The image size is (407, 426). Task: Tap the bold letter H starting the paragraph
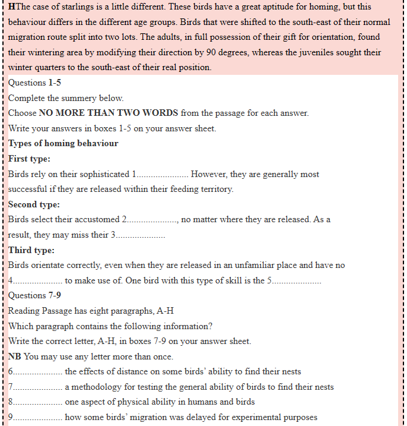coord(11,7)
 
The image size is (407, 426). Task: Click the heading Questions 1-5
coord(34,83)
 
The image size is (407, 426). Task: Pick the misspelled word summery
coord(90,98)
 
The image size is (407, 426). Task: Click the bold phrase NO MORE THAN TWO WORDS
coord(109,113)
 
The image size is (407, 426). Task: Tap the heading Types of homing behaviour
coord(63,143)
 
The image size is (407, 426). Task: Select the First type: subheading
coord(29,159)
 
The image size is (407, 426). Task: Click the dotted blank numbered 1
coord(161,175)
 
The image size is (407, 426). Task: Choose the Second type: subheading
coord(34,204)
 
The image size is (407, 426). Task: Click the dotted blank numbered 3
coord(140,235)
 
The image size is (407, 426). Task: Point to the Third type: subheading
coord(31,250)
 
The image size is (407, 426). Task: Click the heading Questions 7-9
coord(34,295)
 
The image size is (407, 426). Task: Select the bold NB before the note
coord(15,356)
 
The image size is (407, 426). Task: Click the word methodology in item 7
coord(97,387)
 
